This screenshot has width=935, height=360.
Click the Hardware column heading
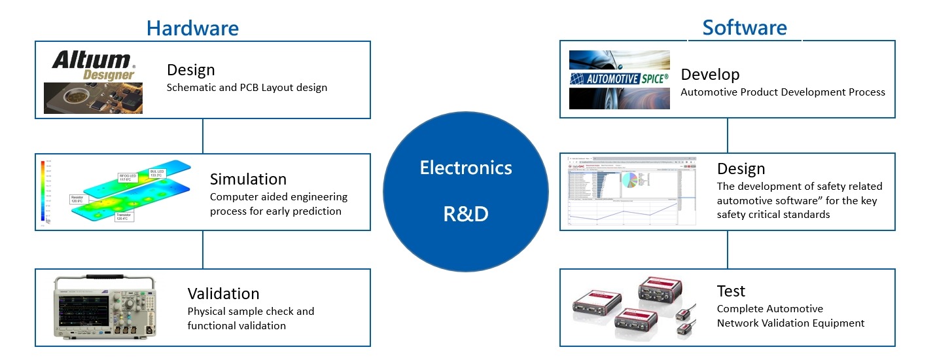pyautogui.click(x=192, y=28)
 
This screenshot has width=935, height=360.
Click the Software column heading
pyautogui.click(x=745, y=27)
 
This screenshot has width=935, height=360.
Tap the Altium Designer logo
pyautogui.click(x=94, y=65)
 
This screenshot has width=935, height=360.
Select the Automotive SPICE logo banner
pyautogui.click(x=619, y=79)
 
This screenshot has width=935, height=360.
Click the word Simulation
pyautogui.click(x=248, y=179)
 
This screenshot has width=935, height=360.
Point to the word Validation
pyautogui.click(x=223, y=293)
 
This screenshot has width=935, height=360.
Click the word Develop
pyautogui.click(x=710, y=74)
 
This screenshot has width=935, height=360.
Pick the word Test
pyautogui.click(x=731, y=291)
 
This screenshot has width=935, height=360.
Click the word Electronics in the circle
pyautogui.click(x=466, y=168)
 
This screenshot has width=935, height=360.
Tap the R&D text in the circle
pyautogui.click(x=466, y=214)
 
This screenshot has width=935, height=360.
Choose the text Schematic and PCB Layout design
pyautogui.click(x=247, y=88)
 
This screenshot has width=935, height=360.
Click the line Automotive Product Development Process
pyautogui.click(x=783, y=92)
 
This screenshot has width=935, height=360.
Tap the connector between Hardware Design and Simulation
pyautogui.click(x=203, y=136)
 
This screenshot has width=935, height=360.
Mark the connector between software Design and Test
pyautogui.click(x=728, y=249)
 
